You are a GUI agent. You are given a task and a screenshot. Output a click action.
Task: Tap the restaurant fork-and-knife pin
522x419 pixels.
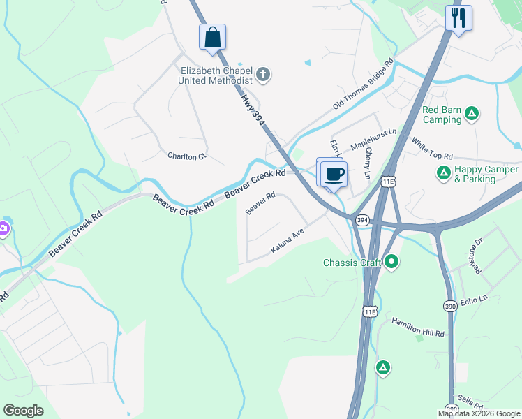[x=458, y=18]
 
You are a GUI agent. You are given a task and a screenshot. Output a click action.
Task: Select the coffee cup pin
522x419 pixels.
[x=334, y=174]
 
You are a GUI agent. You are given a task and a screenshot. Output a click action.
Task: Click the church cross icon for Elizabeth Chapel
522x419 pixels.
[x=264, y=74]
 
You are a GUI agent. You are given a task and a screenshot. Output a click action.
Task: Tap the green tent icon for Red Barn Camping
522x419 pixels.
[x=472, y=112]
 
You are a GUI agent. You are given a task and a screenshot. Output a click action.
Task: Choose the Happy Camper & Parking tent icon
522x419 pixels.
[x=442, y=172]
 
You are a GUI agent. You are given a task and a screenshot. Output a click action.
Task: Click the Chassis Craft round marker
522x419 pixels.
[x=391, y=263]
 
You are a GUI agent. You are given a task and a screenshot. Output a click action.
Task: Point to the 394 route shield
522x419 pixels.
[x=362, y=220]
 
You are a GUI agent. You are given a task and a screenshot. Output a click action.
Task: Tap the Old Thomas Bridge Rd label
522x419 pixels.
[x=363, y=84]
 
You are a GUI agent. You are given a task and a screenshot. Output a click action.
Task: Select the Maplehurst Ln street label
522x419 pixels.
[x=373, y=138]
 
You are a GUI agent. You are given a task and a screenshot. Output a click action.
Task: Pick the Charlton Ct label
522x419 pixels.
[x=187, y=156]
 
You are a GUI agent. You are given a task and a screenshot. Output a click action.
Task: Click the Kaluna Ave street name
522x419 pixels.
[x=288, y=242]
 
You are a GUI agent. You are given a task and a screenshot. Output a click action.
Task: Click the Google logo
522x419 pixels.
[x=23, y=411]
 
